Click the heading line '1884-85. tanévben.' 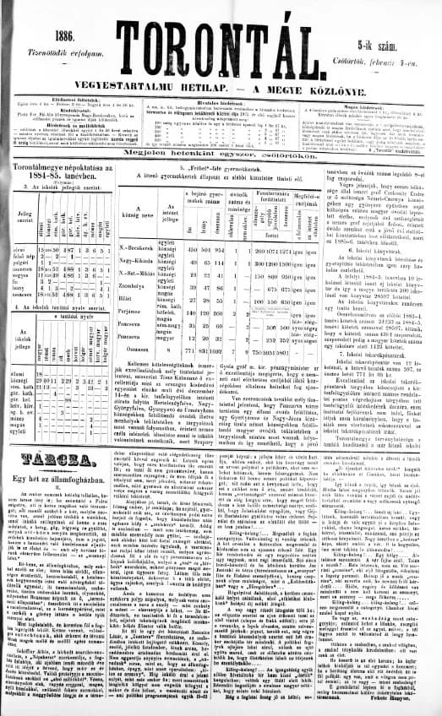point(60,176)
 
